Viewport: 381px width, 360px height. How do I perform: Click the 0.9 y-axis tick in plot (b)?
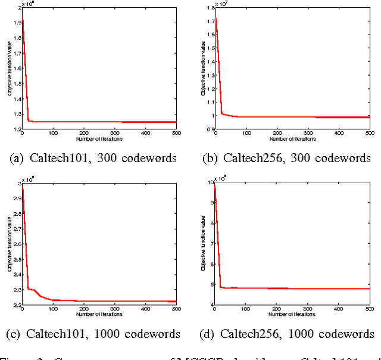(x=209, y=129)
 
